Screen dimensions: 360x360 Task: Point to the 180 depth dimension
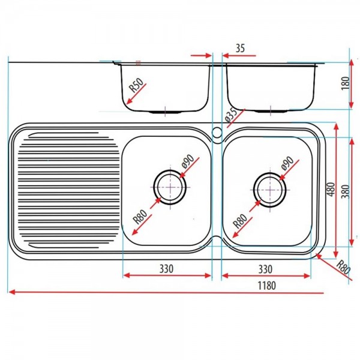344,83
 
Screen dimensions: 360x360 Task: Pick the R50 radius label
138,89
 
